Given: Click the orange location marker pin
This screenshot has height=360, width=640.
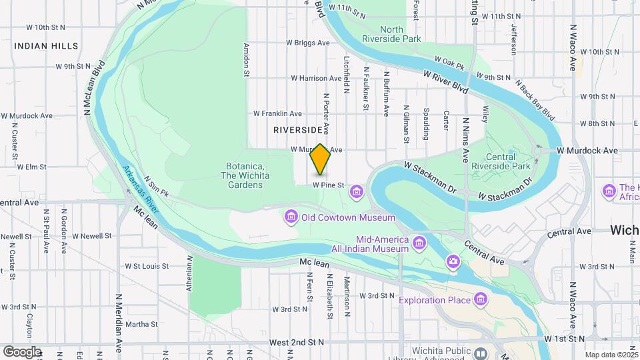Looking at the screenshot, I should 321,159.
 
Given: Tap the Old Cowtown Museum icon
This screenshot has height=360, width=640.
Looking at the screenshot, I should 290,217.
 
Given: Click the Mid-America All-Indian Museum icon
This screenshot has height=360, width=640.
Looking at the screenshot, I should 419,241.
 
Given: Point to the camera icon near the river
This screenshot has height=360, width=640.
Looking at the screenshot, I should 454,261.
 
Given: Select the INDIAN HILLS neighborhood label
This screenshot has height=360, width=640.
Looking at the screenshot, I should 46,46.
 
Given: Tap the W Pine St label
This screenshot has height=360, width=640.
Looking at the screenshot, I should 329,185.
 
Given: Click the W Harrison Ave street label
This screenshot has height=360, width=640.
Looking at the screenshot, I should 315,78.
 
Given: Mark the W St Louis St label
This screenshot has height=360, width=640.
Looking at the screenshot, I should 148,266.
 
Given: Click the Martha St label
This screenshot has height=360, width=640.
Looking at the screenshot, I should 141,325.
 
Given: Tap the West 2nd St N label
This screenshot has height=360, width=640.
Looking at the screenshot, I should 297,342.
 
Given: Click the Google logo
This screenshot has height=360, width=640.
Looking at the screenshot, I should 22,351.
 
